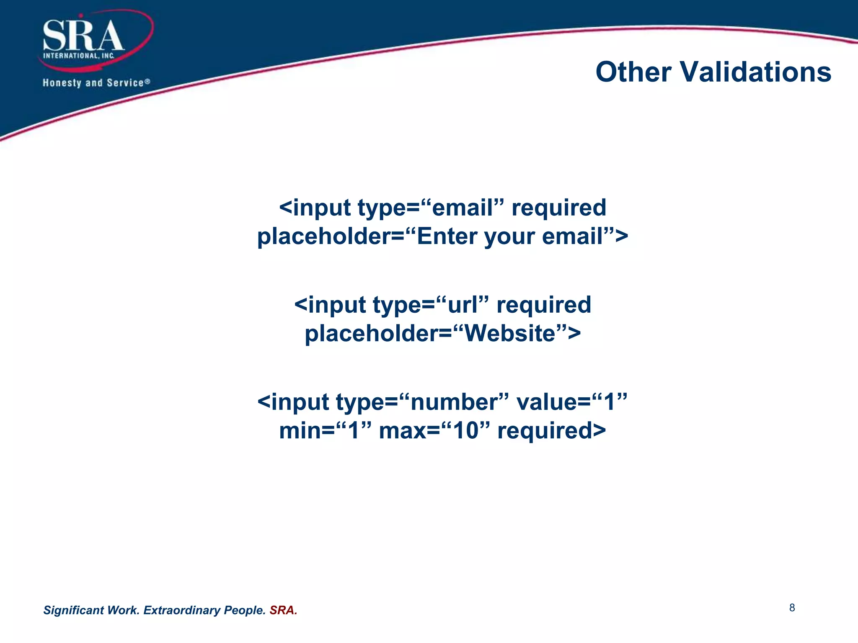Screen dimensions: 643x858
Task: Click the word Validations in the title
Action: click(x=755, y=72)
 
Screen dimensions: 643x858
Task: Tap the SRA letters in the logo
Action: click(x=83, y=36)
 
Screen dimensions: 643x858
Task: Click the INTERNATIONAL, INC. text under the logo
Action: click(x=79, y=56)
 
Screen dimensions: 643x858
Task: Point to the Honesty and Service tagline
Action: click(x=96, y=83)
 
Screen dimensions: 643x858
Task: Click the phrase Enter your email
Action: click(x=509, y=237)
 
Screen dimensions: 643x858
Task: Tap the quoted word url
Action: click(x=463, y=305)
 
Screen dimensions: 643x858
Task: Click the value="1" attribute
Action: click(x=572, y=402)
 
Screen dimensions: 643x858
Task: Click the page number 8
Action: click(x=792, y=608)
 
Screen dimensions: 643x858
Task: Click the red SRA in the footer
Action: click(x=283, y=610)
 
